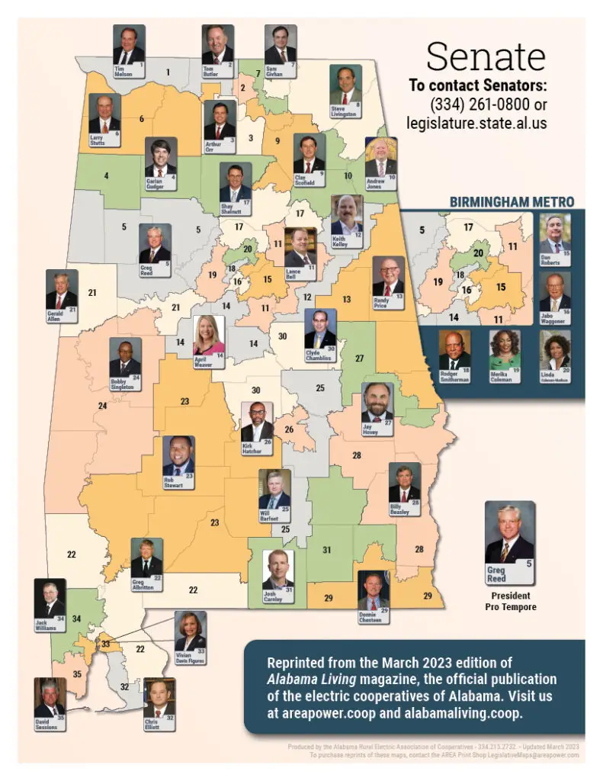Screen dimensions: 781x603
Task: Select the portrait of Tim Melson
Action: point(129,47)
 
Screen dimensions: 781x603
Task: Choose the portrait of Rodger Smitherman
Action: point(454,350)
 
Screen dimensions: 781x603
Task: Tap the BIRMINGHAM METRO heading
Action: point(512,202)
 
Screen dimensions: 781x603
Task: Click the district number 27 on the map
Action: point(360,358)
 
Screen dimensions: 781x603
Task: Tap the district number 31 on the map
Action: point(327,550)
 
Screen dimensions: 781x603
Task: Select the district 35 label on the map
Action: point(76,674)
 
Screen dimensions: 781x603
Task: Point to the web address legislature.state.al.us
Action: point(476,122)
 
